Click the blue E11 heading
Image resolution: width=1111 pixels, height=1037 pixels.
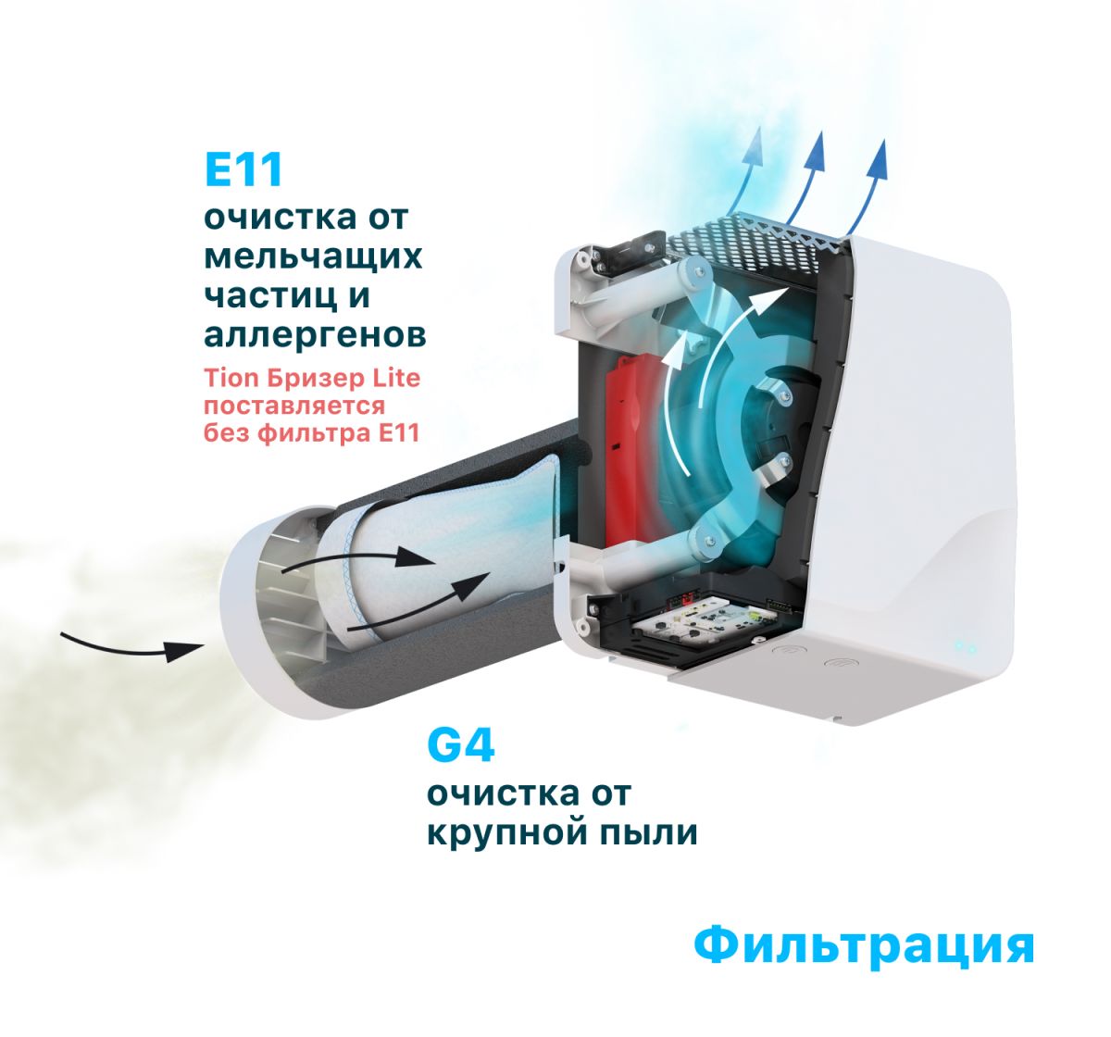pyautogui.click(x=243, y=170)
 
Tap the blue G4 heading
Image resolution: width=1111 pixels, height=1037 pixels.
pyautogui.click(x=461, y=745)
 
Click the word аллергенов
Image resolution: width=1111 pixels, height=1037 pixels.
pyautogui.click(x=315, y=334)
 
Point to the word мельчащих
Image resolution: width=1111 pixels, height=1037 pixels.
pyautogui.click(x=313, y=257)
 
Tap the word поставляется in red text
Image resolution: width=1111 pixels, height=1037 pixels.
pyautogui.click(x=294, y=406)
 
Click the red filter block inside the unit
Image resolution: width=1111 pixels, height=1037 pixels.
pyautogui.click(x=632, y=448)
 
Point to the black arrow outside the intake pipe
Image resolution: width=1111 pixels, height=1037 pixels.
pyautogui.click(x=132, y=648)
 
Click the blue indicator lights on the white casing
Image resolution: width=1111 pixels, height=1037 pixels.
pyautogui.click(x=965, y=647)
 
